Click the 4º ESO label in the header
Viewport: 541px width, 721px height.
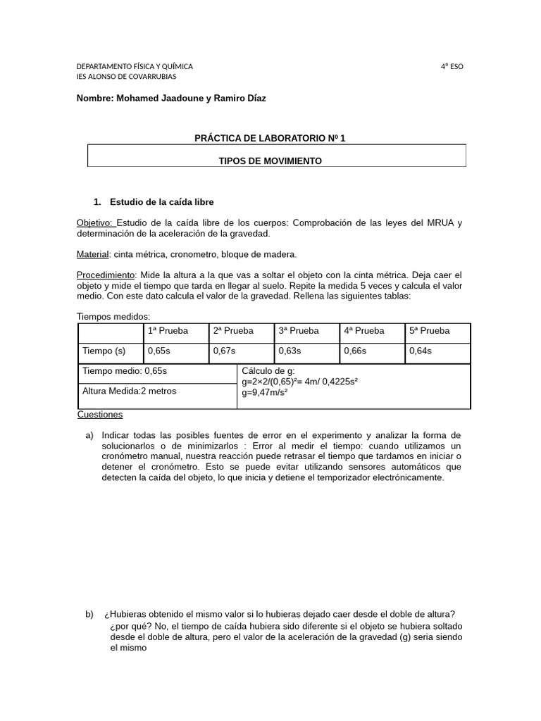452,66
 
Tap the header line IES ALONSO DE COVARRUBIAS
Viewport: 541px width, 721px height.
126,77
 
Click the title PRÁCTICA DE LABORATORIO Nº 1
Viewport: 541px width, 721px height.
270,139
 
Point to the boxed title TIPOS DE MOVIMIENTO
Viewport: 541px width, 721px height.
270,161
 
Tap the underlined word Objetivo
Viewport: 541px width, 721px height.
95,223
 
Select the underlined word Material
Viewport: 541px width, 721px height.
92,254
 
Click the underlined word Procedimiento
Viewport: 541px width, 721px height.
105,275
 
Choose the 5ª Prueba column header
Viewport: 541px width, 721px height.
429,331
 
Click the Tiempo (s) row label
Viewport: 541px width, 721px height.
104,351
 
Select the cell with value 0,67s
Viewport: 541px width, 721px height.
223,351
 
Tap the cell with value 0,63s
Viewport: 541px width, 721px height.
290,351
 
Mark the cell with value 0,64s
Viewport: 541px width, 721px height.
421,351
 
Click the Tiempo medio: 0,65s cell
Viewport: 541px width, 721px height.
125,371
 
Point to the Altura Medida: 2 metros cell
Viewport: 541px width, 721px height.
130,391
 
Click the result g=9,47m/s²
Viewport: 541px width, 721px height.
264,393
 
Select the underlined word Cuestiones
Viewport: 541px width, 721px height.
100,415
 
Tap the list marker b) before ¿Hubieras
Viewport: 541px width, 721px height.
89,615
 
